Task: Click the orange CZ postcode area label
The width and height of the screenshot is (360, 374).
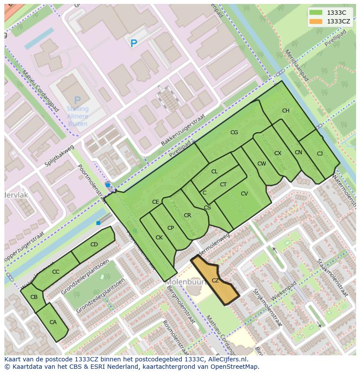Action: (x=215, y=281)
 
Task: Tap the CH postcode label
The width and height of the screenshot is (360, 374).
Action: (x=286, y=111)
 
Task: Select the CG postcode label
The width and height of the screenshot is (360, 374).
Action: (x=234, y=132)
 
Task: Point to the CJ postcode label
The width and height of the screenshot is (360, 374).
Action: (x=320, y=153)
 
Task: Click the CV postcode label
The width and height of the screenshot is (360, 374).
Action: (x=244, y=194)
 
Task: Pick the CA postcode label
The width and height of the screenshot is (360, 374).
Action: (x=53, y=322)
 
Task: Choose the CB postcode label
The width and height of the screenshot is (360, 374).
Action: (x=34, y=297)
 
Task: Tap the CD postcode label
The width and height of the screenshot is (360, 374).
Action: (x=94, y=245)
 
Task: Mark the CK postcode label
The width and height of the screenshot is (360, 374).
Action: (x=159, y=238)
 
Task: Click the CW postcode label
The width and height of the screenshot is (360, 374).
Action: (x=261, y=164)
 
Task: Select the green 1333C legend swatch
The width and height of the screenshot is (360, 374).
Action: (x=316, y=13)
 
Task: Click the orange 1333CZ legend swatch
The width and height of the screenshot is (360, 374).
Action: (x=316, y=21)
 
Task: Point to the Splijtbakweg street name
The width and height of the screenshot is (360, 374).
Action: (x=59, y=157)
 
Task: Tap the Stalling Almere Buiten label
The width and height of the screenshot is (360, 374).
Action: (x=77, y=116)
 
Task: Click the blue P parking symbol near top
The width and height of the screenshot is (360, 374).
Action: (x=133, y=43)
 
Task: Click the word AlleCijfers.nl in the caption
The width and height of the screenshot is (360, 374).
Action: (x=227, y=359)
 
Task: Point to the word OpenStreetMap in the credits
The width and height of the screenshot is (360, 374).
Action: (x=236, y=367)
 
